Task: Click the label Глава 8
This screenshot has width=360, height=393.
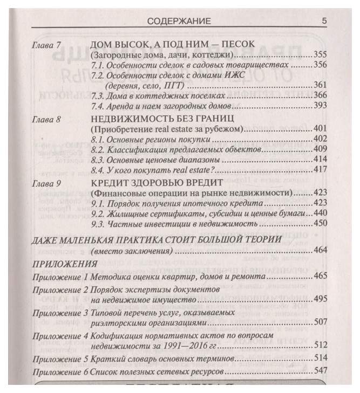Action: point(46,118)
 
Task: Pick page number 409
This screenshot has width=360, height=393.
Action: point(321,148)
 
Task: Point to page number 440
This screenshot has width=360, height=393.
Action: point(321,215)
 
